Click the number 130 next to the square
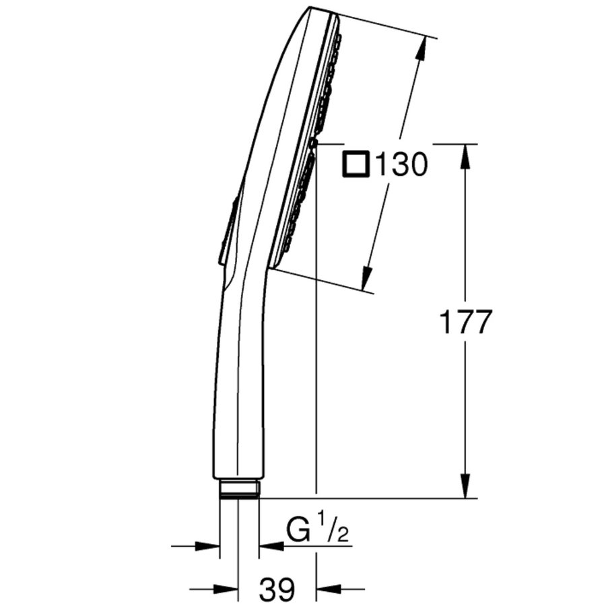401,165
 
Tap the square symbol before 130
356,165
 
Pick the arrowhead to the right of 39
327,589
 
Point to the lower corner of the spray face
273,267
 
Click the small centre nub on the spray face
313,143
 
